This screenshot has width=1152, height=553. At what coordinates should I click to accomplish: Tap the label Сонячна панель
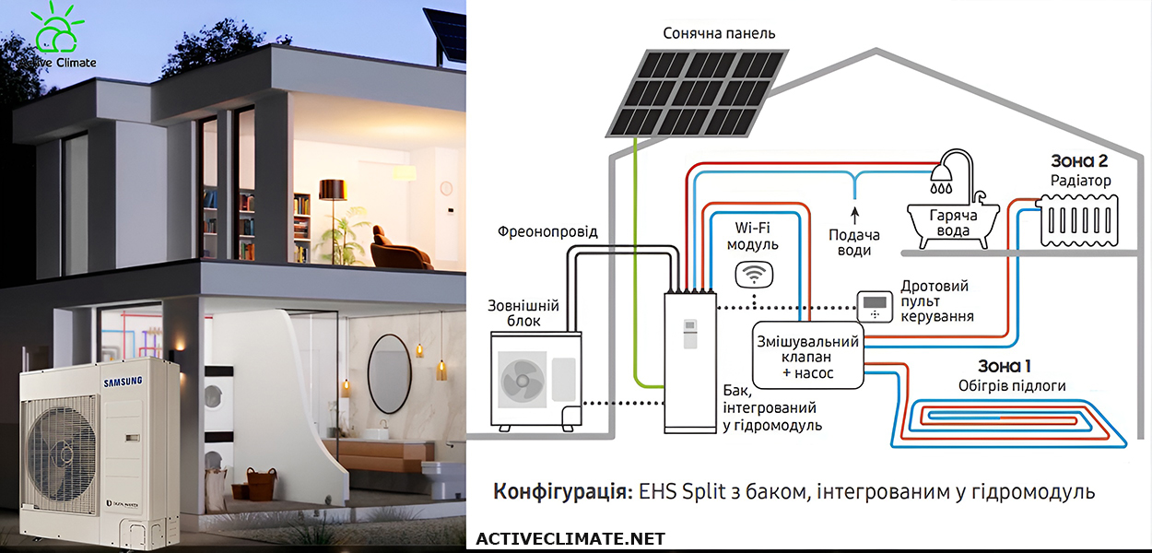tap(719, 33)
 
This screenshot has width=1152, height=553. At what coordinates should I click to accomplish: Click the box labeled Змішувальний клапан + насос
tap(808, 356)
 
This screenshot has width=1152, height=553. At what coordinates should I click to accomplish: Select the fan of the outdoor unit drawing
tap(523, 380)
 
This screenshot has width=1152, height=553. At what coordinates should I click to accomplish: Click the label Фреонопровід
tap(547, 232)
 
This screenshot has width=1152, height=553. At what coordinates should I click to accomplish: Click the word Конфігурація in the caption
tap(562, 491)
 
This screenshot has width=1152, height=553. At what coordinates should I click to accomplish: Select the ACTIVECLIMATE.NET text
tap(570, 539)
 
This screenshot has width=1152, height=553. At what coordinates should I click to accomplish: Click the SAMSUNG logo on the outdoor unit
tap(123, 381)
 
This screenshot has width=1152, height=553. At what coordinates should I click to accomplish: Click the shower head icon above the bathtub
tap(944, 171)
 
